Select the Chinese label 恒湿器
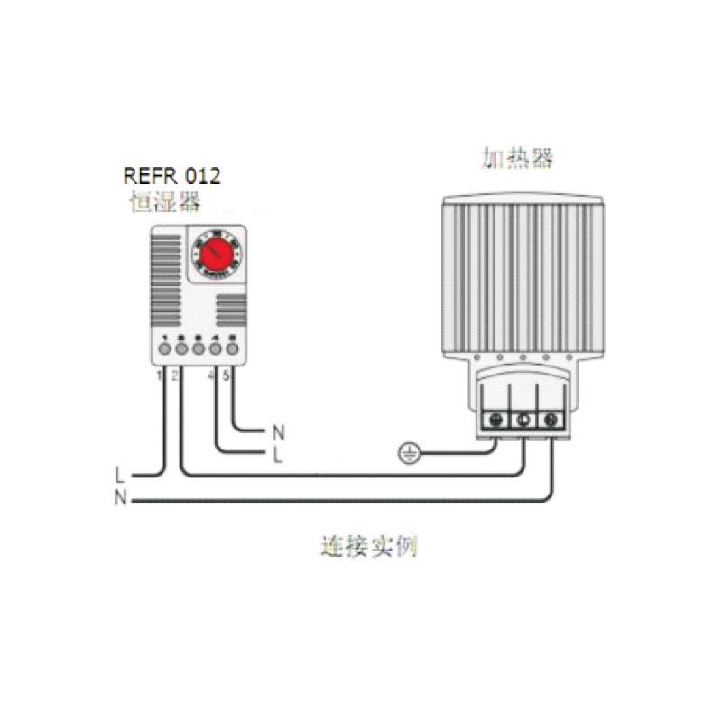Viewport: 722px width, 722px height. click(164, 203)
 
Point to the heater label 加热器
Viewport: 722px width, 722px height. click(517, 159)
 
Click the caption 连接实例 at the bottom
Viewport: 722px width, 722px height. click(369, 547)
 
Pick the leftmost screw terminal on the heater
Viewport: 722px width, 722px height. click(494, 419)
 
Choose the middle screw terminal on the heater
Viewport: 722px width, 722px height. click(522, 419)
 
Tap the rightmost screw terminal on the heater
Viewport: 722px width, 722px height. click(550, 419)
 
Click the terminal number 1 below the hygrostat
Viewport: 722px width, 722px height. click(159, 375)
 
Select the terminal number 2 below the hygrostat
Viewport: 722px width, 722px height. click(174, 375)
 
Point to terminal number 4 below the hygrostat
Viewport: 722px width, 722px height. click(211, 375)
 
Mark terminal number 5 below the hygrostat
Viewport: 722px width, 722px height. click(226, 375)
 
